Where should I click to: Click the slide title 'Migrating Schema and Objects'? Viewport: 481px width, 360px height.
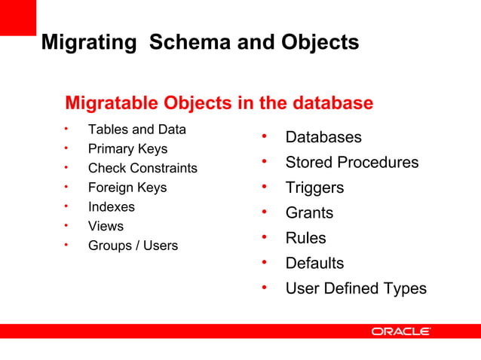tap(200, 43)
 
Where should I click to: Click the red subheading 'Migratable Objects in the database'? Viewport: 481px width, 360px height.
tap(219, 102)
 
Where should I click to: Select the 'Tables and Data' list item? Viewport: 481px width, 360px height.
tap(136, 130)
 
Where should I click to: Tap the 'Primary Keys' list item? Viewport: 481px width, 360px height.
tap(127, 149)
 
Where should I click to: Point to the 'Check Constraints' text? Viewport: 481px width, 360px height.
tap(142, 168)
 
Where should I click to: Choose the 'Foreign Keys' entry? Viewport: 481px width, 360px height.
tap(127, 188)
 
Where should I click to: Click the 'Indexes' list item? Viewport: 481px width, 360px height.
tap(112, 206)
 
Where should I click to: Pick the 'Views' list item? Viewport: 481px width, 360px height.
tap(106, 226)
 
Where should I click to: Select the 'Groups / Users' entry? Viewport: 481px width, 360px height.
tap(133, 246)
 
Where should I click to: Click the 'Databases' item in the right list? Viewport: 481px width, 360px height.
tap(323, 137)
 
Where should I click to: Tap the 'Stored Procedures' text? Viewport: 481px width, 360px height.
tap(351, 163)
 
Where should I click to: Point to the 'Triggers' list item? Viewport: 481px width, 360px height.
tap(314, 188)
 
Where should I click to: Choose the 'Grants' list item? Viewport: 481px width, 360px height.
tap(308, 213)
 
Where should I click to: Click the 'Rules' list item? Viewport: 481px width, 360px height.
tap(305, 238)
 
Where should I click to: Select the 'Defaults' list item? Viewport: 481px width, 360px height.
tap(314, 263)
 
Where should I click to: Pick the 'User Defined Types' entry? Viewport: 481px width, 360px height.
tap(355, 288)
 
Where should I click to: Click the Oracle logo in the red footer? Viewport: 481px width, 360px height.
tap(400, 331)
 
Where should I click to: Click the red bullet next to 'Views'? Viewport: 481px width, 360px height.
tap(66, 225)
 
